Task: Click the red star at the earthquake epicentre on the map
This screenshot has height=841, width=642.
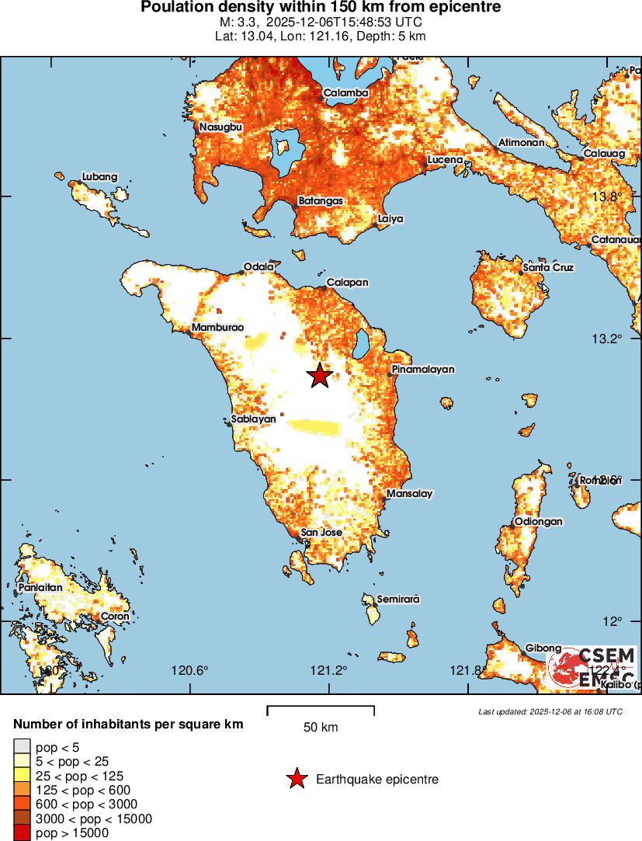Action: pos(319,376)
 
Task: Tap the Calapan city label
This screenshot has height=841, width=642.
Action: pos(347,283)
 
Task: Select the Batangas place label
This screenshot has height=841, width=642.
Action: pos(320,201)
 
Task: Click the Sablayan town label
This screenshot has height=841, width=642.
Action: pos(254,419)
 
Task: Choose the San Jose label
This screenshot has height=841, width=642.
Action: pos(321,533)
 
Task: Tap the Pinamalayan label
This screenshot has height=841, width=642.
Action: pos(423,370)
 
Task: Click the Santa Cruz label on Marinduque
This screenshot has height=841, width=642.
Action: pos(548,268)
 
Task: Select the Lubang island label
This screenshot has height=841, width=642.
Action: pos(99,177)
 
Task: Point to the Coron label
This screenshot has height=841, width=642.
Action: pos(115,617)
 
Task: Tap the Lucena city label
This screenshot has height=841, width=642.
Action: pos(445,160)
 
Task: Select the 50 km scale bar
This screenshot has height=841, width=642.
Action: pos(321,710)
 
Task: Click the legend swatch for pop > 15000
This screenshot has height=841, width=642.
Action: pos(21,832)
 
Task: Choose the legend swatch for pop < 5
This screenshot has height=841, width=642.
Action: pos(21,748)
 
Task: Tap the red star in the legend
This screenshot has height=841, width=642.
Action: pos(296,779)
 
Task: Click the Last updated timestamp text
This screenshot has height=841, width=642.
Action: pos(550,711)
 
